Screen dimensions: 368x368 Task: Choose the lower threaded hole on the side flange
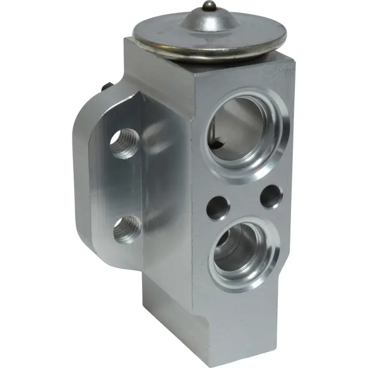(x=126, y=230)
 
